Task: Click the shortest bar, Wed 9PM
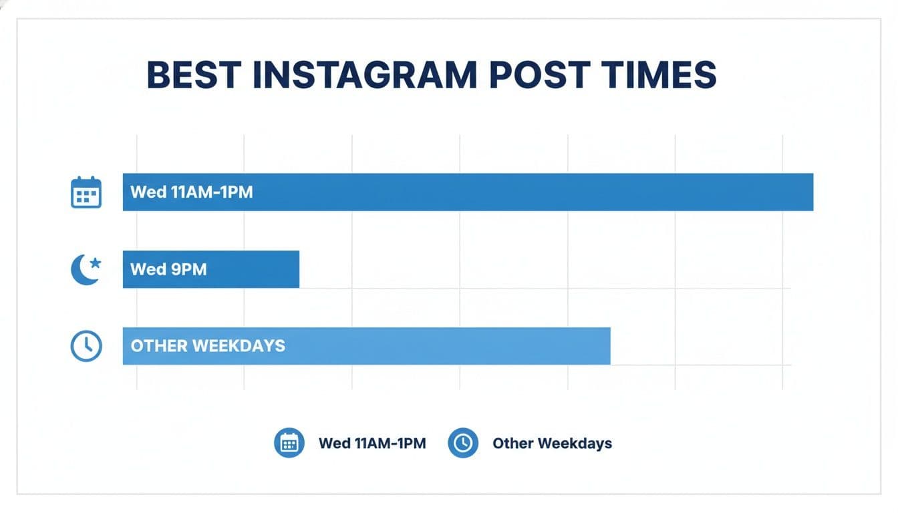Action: pos(254,269)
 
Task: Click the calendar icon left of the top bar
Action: pos(86,192)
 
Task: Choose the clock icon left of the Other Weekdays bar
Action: pos(86,346)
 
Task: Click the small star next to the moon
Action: pos(95,263)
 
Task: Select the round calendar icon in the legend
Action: pos(289,443)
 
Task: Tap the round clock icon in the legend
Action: pos(463,443)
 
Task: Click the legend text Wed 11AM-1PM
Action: pos(372,443)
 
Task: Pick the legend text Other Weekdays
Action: pos(552,443)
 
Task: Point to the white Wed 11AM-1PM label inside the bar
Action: pos(192,192)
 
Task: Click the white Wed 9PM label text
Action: pos(168,269)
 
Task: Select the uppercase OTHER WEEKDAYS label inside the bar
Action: pos(208,346)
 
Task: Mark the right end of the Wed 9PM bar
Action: pos(298,269)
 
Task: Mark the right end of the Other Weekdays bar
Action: pos(609,346)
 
